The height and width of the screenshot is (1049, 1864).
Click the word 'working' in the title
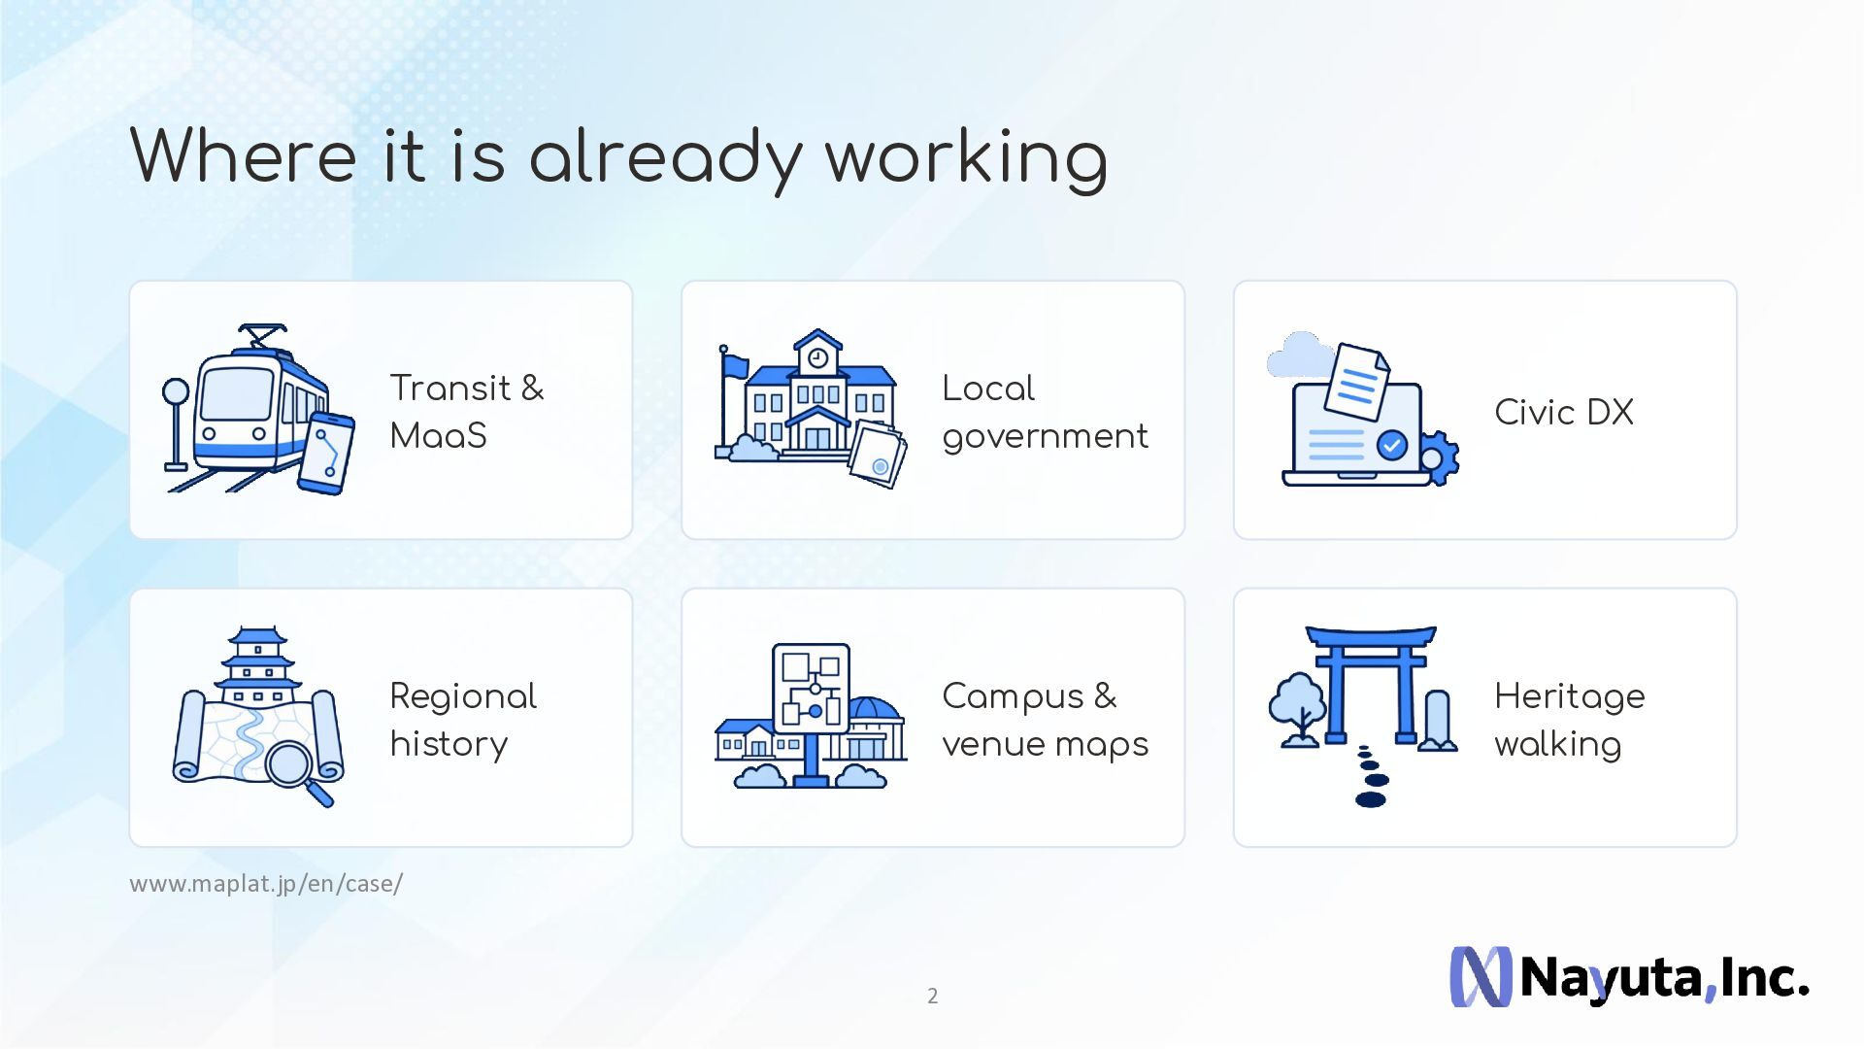click(966, 157)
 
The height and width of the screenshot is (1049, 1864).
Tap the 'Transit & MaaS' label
click(467, 412)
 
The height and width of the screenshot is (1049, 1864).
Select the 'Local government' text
click(1045, 412)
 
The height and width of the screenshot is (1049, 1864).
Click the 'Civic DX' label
click(1564, 412)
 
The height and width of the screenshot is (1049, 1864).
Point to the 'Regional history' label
click(463, 720)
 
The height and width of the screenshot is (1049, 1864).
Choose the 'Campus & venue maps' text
click(1045, 720)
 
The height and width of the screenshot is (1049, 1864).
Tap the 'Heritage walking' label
click(1570, 720)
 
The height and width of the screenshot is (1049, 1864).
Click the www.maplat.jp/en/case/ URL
click(266, 884)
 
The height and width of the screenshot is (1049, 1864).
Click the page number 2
click(932, 996)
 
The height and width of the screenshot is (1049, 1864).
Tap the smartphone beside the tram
click(326, 454)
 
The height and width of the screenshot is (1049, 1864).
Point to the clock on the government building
click(817, 358)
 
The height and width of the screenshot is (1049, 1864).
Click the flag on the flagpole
click(735, 366)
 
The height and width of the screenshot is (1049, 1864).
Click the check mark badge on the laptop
click(1392, 446)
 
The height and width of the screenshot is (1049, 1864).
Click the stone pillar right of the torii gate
click(1437, 721)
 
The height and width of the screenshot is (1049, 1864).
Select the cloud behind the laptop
click(1299, 356)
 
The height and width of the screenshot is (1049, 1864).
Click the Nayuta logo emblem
click(1481, 976)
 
